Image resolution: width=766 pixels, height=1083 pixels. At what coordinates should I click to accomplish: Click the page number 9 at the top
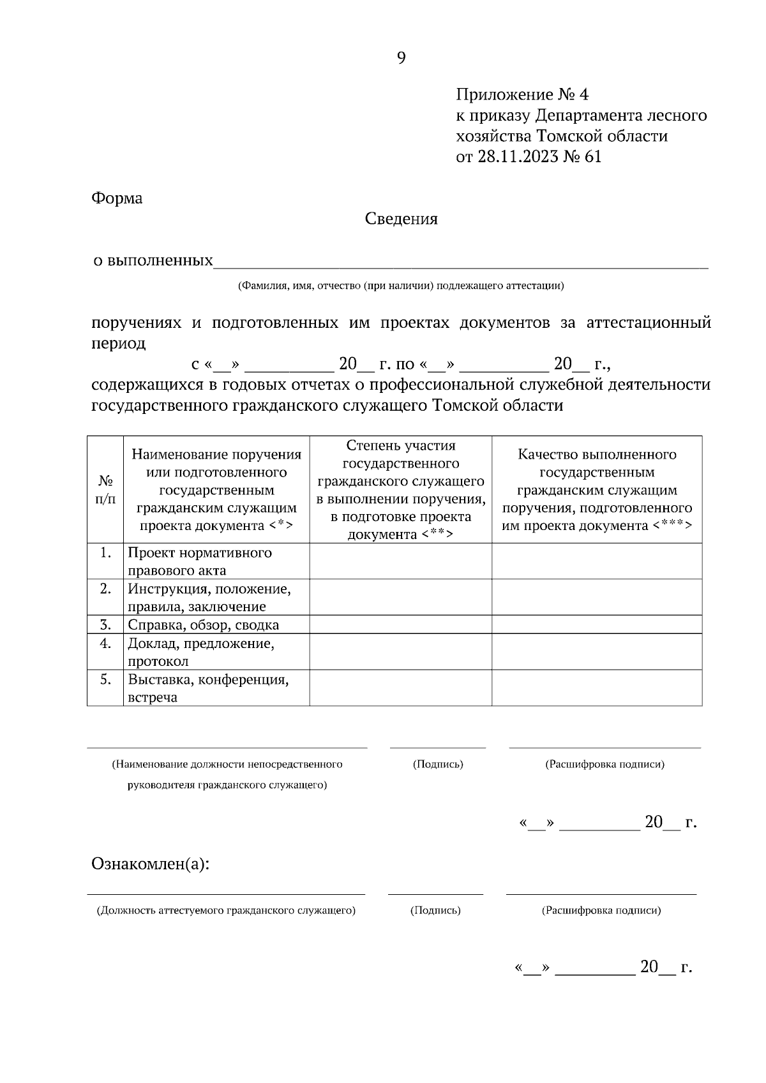pos(401,59)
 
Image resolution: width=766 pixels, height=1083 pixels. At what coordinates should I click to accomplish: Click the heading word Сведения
pos(401,219)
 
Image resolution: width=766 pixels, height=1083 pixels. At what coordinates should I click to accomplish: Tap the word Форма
pos(117,198)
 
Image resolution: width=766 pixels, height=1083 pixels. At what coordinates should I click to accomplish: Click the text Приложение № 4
pos(522,96)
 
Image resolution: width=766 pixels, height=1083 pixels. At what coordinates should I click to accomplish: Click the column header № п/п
pos(105,490)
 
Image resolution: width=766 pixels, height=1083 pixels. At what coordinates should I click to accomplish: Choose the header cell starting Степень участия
pos(400,490)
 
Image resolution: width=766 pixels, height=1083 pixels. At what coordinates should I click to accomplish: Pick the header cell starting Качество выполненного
pos(597,490)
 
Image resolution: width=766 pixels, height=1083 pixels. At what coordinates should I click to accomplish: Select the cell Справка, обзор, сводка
pos(203,625)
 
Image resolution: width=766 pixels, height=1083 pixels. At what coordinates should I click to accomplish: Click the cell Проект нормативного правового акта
pos(199,561)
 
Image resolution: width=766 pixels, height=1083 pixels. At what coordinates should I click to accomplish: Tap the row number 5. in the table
pos(106,679)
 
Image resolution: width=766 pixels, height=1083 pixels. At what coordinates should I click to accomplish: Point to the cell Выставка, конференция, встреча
pos(208,688)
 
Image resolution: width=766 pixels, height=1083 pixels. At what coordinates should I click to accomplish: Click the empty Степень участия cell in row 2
pos(400,597)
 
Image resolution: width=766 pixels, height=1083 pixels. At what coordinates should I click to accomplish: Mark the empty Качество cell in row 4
pos(597,652)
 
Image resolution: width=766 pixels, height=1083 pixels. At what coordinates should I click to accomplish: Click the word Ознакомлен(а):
pos(151,865)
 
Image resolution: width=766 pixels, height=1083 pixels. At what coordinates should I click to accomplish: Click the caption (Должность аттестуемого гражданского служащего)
pos(225,911)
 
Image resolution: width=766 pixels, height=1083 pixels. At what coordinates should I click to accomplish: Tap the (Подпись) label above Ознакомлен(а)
pos(438,764)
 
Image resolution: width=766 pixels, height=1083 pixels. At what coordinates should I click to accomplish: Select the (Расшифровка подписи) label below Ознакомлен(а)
pos(601,911)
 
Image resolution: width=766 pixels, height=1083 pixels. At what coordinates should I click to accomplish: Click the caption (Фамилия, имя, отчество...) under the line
pos(401,286)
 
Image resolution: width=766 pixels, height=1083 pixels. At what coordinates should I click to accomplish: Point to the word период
pos(119,344)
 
